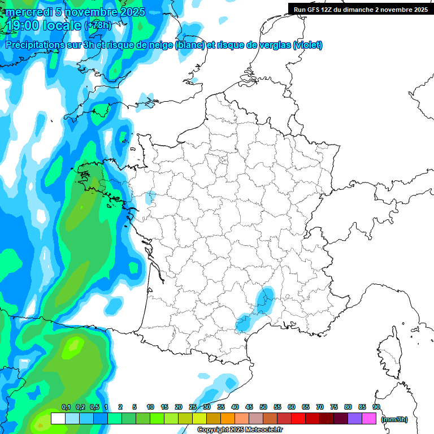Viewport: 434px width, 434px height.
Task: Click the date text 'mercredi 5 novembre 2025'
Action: [75, 12]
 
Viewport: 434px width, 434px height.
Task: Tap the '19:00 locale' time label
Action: [44, 25]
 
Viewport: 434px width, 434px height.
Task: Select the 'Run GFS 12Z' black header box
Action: [361, 9]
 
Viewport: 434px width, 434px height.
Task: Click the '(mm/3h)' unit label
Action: [394, 419]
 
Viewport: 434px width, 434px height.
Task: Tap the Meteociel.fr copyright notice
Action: [240, 430]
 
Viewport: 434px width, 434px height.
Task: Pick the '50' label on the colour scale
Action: [263, 407]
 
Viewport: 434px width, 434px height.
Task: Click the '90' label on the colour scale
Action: [376, 407]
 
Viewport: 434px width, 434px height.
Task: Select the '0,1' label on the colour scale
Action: [66, 407]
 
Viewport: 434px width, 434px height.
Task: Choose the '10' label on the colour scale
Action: [150, 407]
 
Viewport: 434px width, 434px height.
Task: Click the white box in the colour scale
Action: [58, 419]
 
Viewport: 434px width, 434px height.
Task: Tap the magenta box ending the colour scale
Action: [369, 419]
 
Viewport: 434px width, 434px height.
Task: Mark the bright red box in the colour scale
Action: [298, 419]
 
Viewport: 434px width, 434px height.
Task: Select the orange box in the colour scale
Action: [228, 419]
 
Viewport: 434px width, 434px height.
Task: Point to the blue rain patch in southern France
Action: [264, 299]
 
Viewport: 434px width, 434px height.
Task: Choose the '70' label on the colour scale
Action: [320, 407]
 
